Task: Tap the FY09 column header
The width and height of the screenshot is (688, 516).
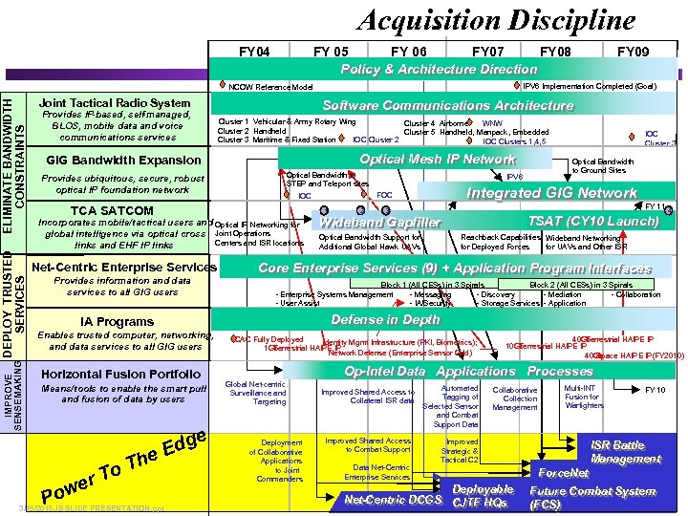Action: pyautogui.click(x=633, y=51)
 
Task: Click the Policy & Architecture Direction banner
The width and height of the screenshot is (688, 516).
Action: pyautogui.click(x=440, y=69)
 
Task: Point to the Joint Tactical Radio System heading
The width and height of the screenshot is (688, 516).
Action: pyautogui.click(x=115, y=103)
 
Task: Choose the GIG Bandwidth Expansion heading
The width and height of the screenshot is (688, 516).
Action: pyautogui.click(x=123, y=160)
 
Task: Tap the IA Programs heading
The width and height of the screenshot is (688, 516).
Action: pyautogui.click(x=118, y=322)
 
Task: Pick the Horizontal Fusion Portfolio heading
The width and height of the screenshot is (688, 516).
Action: pyautogui.click(x=121, y=374)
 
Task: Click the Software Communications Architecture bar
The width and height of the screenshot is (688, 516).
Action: pyautogui.click(x=447, y=105)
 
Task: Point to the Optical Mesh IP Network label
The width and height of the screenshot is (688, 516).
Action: pyautogui.click(x=437, y=159)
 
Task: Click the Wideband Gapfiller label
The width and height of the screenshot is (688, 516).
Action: pyautogui.click(x=380, y=223)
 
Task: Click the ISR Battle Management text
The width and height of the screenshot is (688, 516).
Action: pyautogui.click(x=618, y=452)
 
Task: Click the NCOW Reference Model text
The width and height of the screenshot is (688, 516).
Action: pyautogui.click(x=270, y=86)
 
